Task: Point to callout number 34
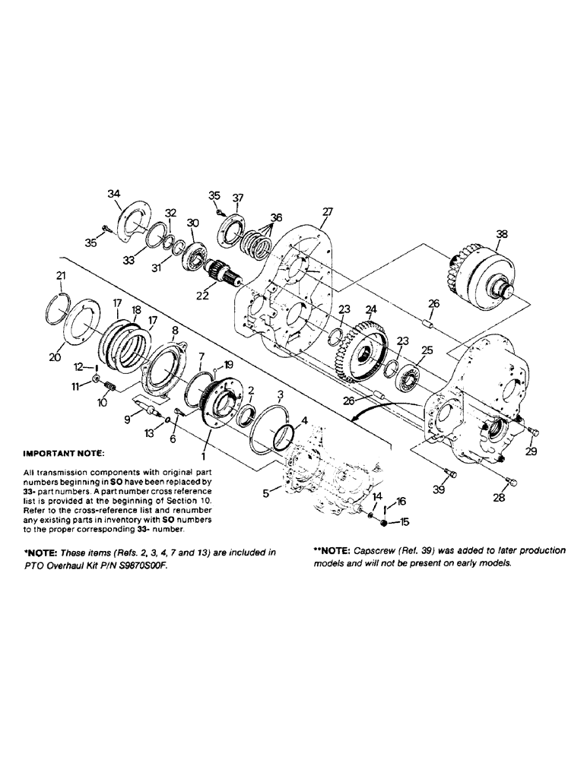[x=114, y=195]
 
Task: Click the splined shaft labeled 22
[x=223, y=272]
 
